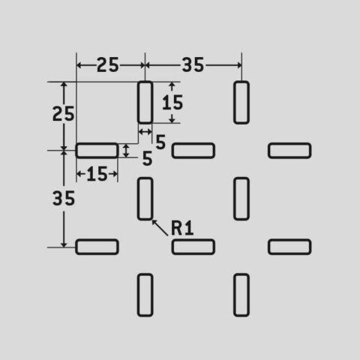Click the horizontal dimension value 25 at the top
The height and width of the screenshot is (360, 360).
(x=108, y=65)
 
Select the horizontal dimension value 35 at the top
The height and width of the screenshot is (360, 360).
(x=193, y=65)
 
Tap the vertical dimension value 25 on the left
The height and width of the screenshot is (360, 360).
(x=64, y=114)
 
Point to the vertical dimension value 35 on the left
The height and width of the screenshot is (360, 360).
(x=64, y=199)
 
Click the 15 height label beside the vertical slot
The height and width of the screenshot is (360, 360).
(x=172, y=103)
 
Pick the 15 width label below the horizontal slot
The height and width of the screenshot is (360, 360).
(x=97, y=174)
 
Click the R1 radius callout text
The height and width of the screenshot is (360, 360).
(x=182, y=228)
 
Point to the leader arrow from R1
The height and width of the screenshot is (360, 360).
(x=160, y=227)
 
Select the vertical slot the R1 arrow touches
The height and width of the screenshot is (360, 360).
(x=145, y=199)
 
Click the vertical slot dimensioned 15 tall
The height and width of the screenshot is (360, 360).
(x=145, y=103)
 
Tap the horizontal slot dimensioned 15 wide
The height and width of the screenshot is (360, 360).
(x=97, y=151)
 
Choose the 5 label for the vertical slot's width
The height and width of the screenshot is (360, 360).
(x=160, y=142)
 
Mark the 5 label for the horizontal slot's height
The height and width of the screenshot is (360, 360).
(x=147, y=158)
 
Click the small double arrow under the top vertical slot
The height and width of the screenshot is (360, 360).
(x=145, y=131)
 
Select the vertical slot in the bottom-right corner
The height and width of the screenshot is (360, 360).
(x=241, y=295)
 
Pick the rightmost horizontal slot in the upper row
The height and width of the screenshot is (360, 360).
(x=289, y=151)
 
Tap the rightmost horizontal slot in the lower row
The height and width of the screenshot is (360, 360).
(x=289, y=247)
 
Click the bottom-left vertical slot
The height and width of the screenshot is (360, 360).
(x=145, y=295)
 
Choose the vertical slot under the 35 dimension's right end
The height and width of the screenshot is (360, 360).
(x=241, y=103)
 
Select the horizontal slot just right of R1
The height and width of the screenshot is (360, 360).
(x=193, y=247)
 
